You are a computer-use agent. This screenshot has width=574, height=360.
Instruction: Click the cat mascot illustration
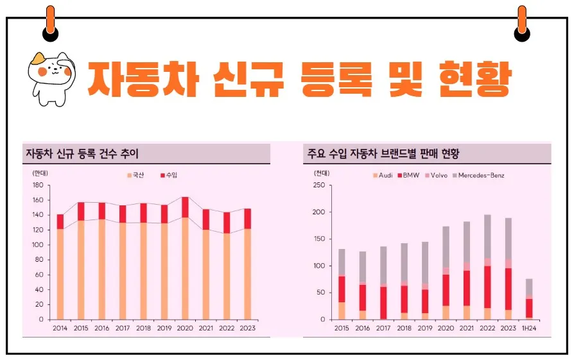point(51,77)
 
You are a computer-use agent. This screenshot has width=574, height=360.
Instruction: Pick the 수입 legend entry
point(169,175)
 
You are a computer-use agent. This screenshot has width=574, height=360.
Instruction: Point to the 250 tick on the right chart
point(319,185)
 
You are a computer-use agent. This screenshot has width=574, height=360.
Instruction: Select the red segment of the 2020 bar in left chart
point(186,207)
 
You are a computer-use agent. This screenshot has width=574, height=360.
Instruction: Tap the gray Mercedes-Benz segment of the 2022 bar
point(488,236)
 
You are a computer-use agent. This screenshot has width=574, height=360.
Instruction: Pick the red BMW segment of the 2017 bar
point(383,302)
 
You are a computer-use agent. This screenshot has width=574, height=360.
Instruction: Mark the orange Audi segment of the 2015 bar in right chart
point(342,311)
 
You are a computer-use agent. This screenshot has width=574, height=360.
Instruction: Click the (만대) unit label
point(39,173)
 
